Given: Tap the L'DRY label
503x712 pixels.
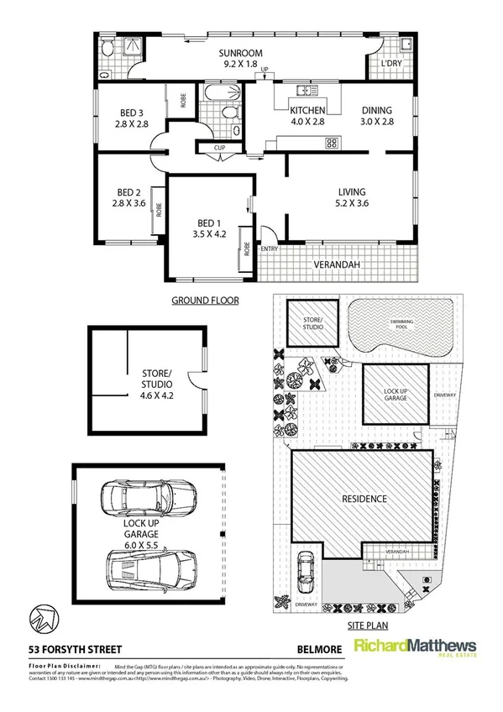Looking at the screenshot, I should click(390, 64).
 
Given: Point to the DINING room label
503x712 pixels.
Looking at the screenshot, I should click(377, 116).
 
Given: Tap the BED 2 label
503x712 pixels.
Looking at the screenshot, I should click(128, 196).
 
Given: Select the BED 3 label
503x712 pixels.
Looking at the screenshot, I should click(132, 118).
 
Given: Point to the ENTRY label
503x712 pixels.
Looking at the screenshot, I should click(270, 249).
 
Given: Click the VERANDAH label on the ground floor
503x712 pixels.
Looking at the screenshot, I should click(337, 264).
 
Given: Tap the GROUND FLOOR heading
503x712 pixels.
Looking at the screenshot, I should click(205, 300).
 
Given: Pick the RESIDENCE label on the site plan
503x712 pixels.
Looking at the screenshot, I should click(364, 499).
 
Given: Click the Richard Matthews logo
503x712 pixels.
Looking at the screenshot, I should click(415, 648).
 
